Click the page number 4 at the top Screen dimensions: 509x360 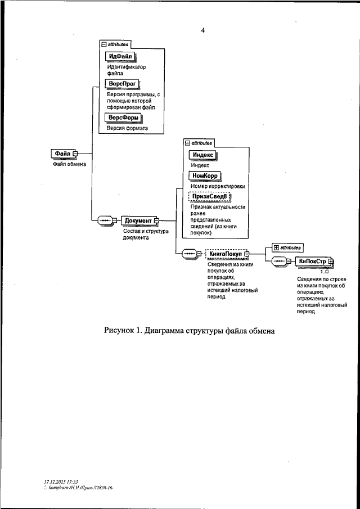coord(202,30)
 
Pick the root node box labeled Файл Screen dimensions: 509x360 coord(62,153)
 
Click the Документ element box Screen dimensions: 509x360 coord(138,220)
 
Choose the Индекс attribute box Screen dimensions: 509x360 coord(202,156)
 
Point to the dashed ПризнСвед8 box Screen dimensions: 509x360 coord(209,196)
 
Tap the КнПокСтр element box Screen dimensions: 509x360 coord(313,261)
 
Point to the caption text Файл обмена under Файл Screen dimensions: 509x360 coord(69,164)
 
